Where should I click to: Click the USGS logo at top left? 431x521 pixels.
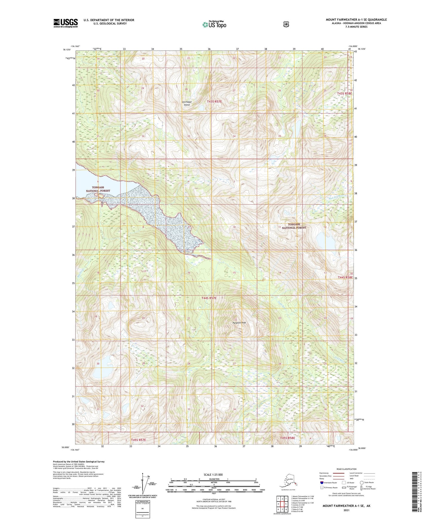coord(65,23)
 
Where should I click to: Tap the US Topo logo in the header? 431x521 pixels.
coord(214,24)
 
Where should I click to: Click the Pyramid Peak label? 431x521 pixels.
coord(239,323)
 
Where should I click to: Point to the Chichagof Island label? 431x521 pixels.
coord(187,103)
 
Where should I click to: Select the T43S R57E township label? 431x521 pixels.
coord(214,102)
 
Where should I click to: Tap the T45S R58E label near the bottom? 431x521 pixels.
coord(288,438)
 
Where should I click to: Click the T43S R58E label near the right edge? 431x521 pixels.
coord(345,93)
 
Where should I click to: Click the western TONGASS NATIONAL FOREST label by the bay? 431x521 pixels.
coord(98,189)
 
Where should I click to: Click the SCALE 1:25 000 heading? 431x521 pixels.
coord(213,474)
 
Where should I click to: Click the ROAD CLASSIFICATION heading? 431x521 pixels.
coord(346,469)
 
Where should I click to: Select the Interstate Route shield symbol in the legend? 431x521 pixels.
coord(322,482)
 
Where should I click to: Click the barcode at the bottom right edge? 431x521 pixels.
coord(415,495)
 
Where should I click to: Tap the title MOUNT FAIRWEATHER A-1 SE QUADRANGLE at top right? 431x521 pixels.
coord(356,20)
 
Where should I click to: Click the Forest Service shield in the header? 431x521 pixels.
coord(286,24)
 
